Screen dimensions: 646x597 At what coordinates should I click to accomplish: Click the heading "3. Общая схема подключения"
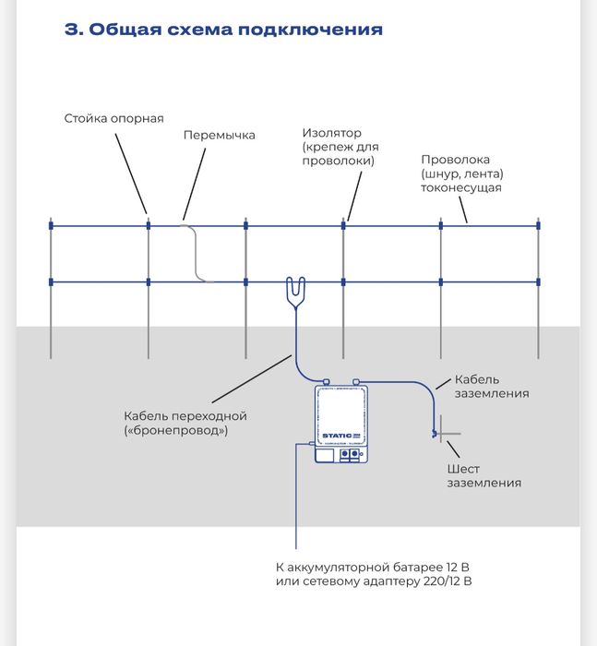(223, 30)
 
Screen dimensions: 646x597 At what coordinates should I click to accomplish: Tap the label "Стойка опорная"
(113, 119)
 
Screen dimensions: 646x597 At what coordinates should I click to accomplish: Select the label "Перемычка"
(219, 135)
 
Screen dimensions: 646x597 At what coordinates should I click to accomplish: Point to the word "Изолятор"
(331, 133)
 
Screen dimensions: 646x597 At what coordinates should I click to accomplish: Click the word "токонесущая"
(460, 187)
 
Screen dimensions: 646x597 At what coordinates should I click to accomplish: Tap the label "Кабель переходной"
(185, 415)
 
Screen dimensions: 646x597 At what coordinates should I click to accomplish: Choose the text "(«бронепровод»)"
(175, 430)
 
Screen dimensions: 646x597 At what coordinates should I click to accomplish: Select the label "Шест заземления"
(484, 475)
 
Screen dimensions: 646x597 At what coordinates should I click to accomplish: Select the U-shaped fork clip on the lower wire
(295, 291)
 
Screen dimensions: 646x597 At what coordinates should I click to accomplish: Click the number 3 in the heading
(70, 30)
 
